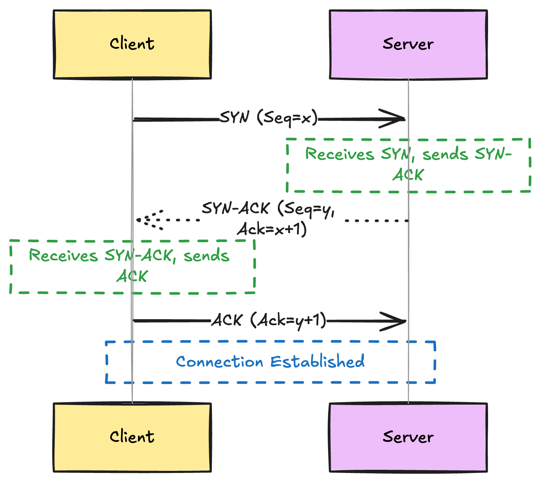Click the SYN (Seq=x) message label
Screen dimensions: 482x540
269,117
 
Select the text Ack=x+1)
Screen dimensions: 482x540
272,229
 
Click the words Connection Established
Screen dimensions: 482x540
270,362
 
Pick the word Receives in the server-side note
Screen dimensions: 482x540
340,154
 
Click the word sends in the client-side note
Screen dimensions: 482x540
206,255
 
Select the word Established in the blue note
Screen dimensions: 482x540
318,361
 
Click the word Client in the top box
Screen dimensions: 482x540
132,44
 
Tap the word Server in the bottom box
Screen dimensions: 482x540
408,437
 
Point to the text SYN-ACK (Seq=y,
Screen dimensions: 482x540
268,209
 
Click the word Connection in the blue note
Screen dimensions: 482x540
220,362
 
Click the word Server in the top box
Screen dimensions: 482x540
408,44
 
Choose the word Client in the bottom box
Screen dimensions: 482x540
132,437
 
